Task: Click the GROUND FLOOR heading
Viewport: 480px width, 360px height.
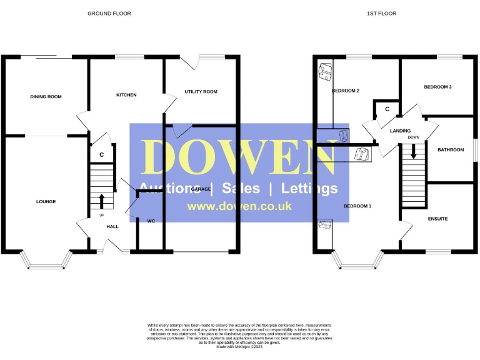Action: pyautogui.click(x=109, y=13)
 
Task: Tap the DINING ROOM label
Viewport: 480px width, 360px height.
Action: pyautogui.click(x=46, y=97)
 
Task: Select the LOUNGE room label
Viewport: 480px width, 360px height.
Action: pyautogui.click(x=46, y=202)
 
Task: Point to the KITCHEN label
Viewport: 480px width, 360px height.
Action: pyautogui.click(x=126, y=95)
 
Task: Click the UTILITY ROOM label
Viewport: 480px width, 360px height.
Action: pyautogui.click(x=201, y=92)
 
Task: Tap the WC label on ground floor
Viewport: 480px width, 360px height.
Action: pyautogui.click(x=151, y=221)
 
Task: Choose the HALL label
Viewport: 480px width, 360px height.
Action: pyautogui.click(x=112, y=227)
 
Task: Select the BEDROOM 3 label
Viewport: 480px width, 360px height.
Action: pyautogui.click(x=437, y=87)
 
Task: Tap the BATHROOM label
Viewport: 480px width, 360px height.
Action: pyautogui.click(x=451, y=150)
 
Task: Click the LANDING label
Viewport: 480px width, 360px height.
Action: pyautogui.click(x=400, y=131)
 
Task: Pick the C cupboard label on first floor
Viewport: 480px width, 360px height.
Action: pyautogui.click(x=387, y=109)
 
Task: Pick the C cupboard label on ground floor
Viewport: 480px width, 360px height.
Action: pyautogui.click(x=101, y=154)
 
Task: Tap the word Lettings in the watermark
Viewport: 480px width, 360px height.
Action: pyautogui.click(x=309, y=188)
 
